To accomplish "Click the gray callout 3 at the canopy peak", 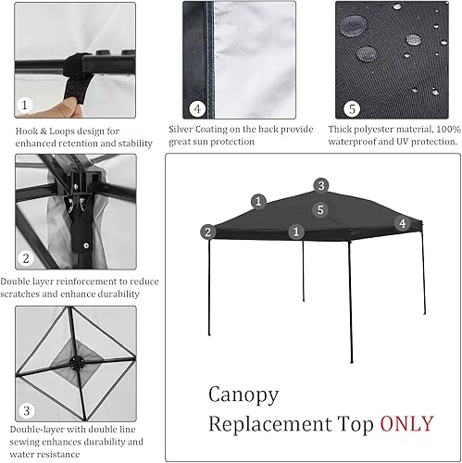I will tap(320, 185).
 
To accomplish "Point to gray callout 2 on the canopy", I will tap(208, 231).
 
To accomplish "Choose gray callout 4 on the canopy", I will tap(402, 223).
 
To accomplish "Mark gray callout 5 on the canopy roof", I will tap(319, 210).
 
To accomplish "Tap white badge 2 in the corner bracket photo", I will tap(27, 258).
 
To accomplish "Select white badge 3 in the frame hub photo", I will tap(27, 409).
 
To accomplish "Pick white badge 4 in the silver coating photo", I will tap(197, 107).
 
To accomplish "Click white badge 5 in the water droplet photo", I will tap(351, 107).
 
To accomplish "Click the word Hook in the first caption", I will tap(27, 131).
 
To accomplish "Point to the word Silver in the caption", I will tap(183, 130).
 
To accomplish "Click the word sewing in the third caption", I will tap(28, 442).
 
